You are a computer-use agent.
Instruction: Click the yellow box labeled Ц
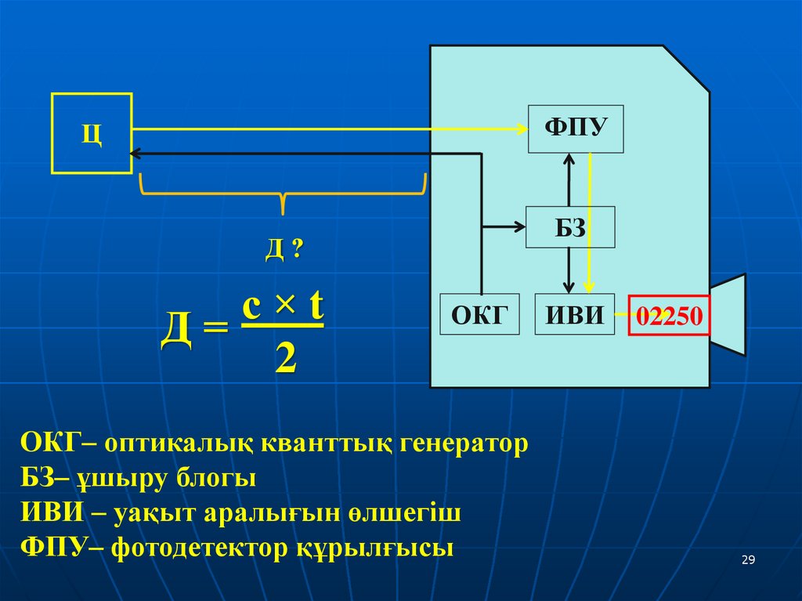92,132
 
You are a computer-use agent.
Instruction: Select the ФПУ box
575,128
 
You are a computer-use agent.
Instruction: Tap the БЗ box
570,228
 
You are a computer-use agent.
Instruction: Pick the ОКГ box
480,314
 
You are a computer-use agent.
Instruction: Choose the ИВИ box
575,314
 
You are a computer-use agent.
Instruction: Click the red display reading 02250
670,316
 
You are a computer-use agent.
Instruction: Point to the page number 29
747,559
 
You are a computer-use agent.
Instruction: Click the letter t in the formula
315,308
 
